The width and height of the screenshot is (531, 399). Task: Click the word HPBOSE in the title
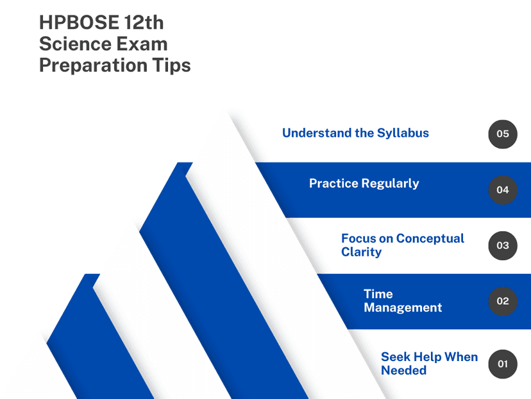(x=80, y=22)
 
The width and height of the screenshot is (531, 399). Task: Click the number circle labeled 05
(x=503, y=134)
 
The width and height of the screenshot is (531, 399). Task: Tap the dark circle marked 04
(x=503, y=190)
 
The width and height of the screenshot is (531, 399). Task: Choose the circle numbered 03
(x=503, y=245)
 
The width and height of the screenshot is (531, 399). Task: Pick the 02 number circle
(x=503, y=301)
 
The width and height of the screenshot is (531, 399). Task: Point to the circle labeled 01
(x=503, y=364)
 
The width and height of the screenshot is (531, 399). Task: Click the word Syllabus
(x=403, y=134)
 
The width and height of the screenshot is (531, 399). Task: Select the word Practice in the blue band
(x=333, y=183)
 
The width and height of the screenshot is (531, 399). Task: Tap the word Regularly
(x=390, y=184)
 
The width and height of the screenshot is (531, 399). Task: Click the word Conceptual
(x=430, y=239)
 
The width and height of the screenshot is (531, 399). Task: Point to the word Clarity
(x=361, y=252)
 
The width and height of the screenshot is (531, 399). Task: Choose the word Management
(x=403, y=308)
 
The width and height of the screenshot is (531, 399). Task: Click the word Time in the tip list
(x=378, y=294)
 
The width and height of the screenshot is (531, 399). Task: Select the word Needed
(x=403, y=370)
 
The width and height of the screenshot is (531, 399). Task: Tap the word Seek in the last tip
(x=396, y=357)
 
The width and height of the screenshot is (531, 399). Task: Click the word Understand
(x=317, y=133)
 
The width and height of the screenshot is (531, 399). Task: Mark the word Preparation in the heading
(x=94, y=66)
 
